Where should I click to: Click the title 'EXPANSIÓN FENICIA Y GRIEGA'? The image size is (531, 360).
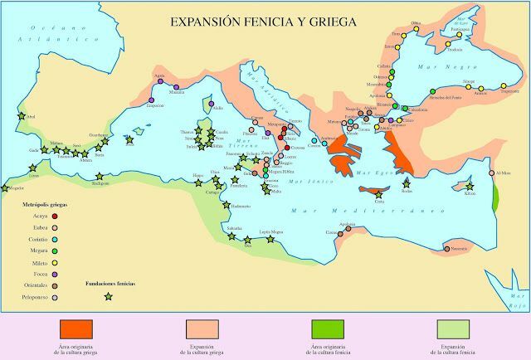[264, 22]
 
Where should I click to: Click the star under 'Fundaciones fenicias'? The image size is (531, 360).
[106, 294]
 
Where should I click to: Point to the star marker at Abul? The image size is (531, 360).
[22, 117]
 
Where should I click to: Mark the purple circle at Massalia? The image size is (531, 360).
[177, 87]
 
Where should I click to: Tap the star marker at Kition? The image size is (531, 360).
[470, 187]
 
